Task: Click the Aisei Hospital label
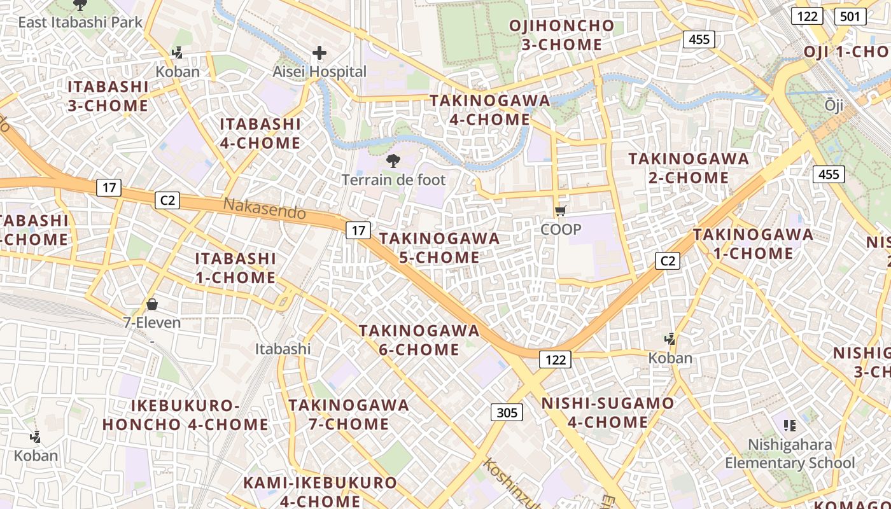(x=319, y=72)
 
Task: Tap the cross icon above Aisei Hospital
(x=319, y=53)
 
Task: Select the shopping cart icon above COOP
(x=561, y=211)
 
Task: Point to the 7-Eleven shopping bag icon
(x=152, y=304)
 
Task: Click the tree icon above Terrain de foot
(x=393, y=160)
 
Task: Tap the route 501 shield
(x=850, y=16)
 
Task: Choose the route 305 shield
(x=507, y=413)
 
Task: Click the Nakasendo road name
(x=265, y=209)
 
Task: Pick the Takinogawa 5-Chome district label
(x=439, y=248)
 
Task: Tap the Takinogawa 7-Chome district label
(x=348, y=414)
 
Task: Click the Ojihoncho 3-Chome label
(x=562, y=36)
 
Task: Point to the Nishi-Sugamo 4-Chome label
(x=608, y=412)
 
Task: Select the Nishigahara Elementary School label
(x=790, y=454)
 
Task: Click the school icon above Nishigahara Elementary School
(x=790, y=425)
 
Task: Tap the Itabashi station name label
(x=283, y=349)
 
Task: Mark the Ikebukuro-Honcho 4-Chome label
(x=185, y=415)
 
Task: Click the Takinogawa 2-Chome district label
(x=689, y=168)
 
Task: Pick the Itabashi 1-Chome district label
(x=235, y=268)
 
